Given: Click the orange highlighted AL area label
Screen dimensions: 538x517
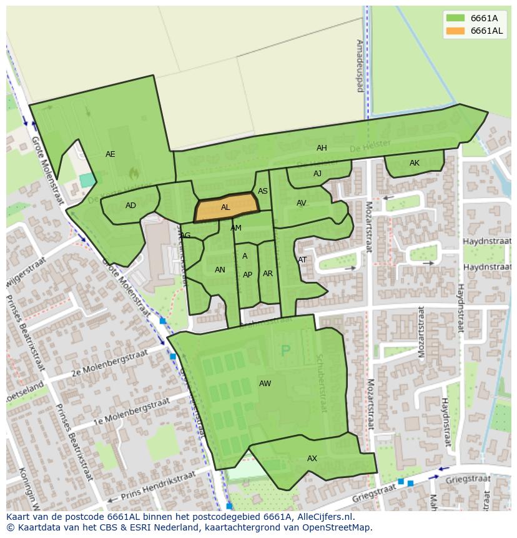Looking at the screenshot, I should tap(225, 207).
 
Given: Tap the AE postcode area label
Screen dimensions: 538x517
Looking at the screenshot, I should tap(111, 154).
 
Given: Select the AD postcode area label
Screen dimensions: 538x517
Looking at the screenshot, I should tap(130, 206).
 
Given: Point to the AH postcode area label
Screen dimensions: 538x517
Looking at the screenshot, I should tap(322, 148).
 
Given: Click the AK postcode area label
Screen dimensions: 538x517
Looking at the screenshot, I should tap(415, 163).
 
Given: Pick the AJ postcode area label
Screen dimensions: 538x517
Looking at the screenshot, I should tap(317, 174).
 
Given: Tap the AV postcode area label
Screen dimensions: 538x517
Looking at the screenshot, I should tap(302, 203).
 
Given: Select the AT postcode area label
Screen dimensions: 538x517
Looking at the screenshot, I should tap(302, 260).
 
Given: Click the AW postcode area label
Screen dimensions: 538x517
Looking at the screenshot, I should tap(265, 384).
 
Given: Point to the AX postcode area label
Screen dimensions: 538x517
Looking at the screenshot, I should tap(312, 459).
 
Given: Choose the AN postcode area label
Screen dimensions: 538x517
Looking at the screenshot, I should tap(220, 270).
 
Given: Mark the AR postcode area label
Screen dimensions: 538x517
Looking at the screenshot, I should tap(268, 274).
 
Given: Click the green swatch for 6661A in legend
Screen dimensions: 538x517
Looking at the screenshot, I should tap(455, 18).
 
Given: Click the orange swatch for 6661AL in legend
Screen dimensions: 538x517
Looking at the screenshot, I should tap(455, 31).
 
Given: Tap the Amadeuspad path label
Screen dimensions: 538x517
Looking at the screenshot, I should tap(359, 66).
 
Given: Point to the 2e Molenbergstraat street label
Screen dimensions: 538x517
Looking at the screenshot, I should tap(109, 364).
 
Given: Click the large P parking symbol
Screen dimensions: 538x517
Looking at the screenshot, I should tap(286, 351).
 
